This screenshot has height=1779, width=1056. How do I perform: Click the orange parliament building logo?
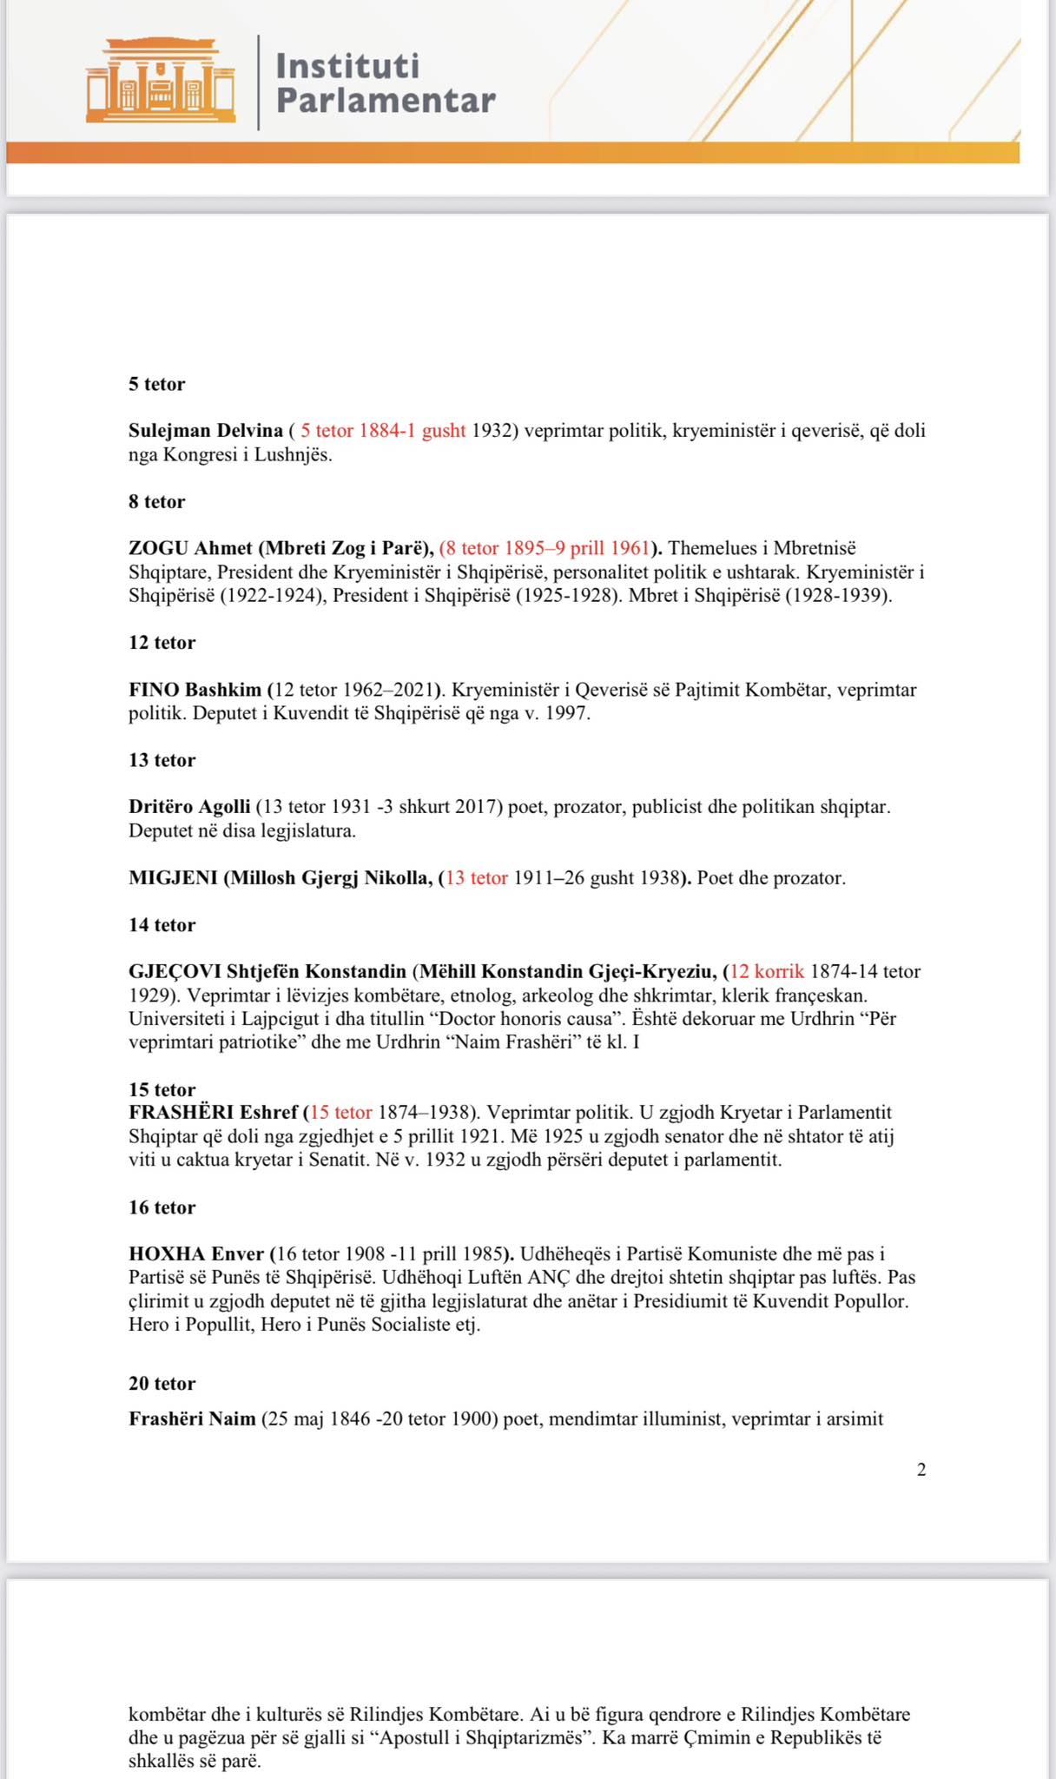[161, 80]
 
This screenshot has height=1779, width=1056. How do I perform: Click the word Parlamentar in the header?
[386, 102]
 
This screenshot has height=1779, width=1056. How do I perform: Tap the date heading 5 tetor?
[157, 384]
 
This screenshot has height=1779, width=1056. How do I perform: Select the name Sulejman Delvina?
[206, 431]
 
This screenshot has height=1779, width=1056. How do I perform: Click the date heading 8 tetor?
[157, 502]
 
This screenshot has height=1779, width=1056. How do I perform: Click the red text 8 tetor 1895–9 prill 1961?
[545, 548]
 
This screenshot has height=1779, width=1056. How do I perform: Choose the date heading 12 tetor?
[162, 643]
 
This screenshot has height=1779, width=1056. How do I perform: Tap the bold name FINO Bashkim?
[195, 690]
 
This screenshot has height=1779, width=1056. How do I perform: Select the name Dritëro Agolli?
[189, 807]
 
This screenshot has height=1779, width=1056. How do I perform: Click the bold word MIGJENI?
[173, 878]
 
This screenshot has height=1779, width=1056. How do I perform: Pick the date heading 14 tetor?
[162, 925]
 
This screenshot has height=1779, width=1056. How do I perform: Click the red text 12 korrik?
[768, 972]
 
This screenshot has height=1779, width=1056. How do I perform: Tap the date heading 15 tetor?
[162, 1090]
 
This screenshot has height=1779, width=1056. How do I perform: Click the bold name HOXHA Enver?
[196, 1254]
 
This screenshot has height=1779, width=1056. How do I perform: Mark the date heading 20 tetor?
[162, 1384]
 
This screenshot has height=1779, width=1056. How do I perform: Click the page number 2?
[921, 1470]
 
